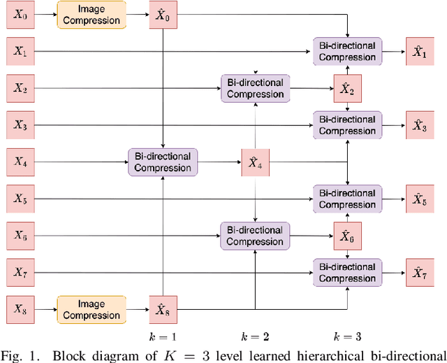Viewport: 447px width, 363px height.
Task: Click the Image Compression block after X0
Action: pos(91,14)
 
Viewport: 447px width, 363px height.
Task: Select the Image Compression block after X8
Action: pos(91,308)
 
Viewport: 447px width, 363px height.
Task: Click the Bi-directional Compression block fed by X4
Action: pos(162,162)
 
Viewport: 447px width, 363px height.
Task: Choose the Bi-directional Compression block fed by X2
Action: pos(255,88)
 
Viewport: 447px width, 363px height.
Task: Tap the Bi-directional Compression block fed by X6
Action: pos(255,236)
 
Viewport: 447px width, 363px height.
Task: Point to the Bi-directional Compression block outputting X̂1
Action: pos(347,51)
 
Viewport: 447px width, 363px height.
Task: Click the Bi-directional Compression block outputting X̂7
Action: pos(347,272)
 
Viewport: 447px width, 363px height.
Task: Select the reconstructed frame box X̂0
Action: pos(162,14)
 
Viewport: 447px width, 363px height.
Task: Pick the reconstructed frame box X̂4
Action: pos(255,162)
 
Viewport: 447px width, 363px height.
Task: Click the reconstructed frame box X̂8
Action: pos(162,308)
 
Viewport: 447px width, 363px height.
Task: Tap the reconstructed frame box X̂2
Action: pos(347,88)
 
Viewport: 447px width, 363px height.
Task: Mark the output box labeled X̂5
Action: pos(419,199)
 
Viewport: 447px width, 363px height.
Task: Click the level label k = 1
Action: pos(162,336)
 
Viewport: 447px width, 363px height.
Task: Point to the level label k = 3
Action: pos(347,336)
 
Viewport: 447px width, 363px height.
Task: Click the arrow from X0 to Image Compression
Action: pos(44,14)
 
